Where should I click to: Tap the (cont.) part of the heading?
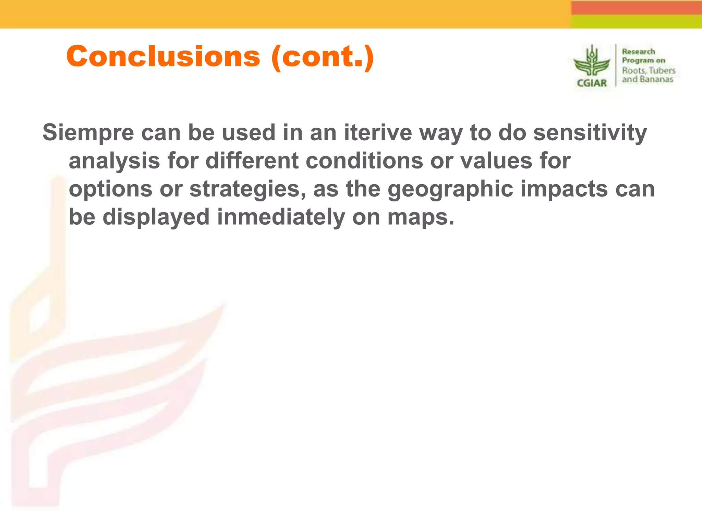coord(322,57)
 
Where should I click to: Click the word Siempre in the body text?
coord(88,132)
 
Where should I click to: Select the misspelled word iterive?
coord(378,132)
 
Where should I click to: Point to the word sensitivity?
coord(590,133)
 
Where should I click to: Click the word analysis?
coord(114,161)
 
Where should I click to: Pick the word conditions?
coord(364,161)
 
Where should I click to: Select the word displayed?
coord(156,218)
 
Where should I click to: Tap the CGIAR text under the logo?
coord(592,83)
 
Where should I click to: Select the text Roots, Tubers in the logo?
coord(649,70)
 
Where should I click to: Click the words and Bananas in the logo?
coord(647,79)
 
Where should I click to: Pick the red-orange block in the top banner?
coord(636,7)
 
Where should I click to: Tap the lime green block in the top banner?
coord(636,21)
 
